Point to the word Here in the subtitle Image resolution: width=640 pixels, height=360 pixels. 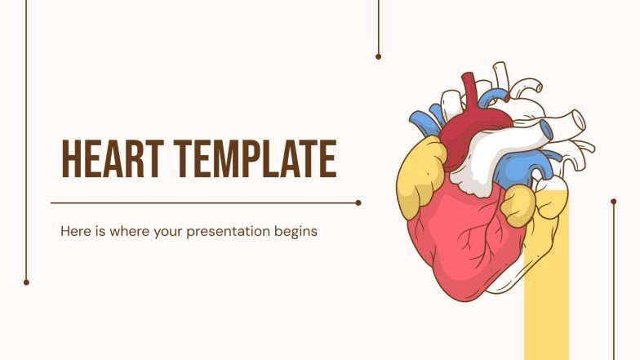tap(73, 231)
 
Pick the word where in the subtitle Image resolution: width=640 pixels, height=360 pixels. tap(122, 231)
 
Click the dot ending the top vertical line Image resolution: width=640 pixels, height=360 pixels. tap(378, 56)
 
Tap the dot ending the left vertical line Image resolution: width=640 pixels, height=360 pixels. tap(26, 282)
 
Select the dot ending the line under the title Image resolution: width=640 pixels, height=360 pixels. tap(358, 202)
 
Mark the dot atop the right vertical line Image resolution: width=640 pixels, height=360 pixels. tap(614, 200)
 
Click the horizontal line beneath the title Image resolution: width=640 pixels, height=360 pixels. tap(204, 202)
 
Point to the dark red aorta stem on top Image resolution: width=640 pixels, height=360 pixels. tap(469, 90)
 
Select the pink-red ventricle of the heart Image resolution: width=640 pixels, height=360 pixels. tap(457, 245)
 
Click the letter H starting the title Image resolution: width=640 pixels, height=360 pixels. tap(71, 159)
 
